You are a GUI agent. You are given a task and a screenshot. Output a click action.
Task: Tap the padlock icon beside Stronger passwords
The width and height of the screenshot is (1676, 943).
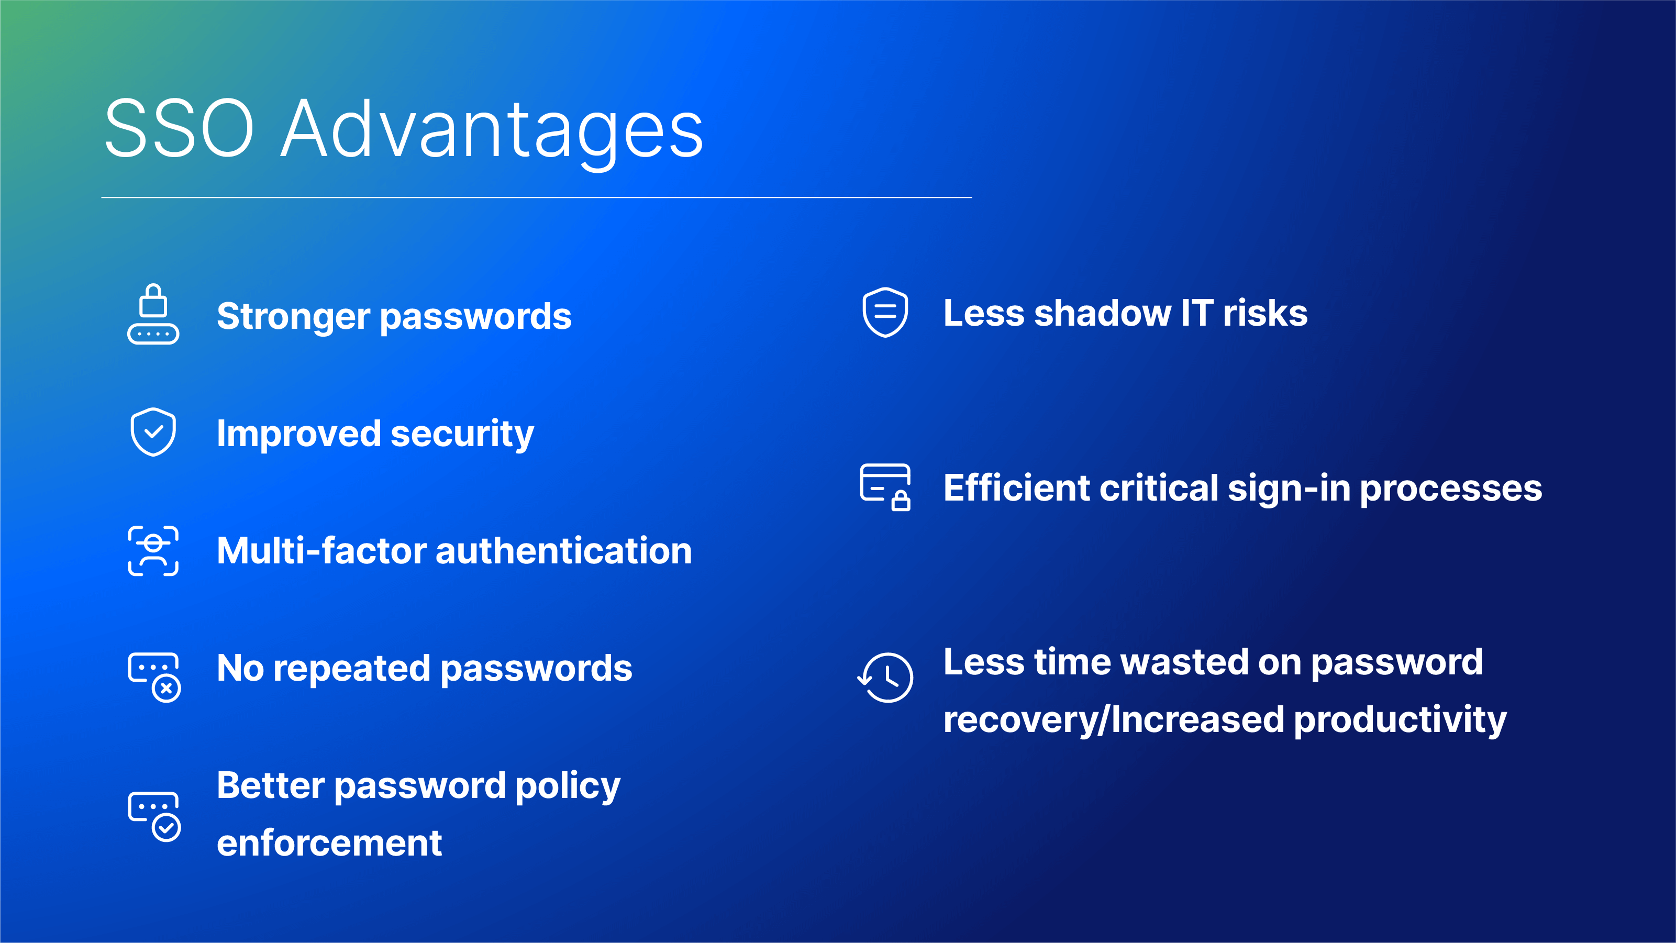click(x=153, y=314)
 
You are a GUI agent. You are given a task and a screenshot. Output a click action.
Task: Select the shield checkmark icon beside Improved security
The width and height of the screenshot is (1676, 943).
click(x=153, y=432)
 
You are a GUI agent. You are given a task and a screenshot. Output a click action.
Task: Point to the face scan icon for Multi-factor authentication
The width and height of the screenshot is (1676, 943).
click(x=153, y=551)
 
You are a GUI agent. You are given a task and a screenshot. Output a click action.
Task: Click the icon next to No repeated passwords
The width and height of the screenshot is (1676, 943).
click(x=154, y=678)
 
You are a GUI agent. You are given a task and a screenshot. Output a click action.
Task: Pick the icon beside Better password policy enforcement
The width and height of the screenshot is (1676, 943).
click(x=154, y=817)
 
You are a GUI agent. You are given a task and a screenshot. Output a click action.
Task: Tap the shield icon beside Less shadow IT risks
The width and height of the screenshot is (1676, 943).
click(x=885, y=313)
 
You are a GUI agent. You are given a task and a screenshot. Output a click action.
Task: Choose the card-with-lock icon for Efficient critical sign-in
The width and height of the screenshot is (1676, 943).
click(x=885, y=487)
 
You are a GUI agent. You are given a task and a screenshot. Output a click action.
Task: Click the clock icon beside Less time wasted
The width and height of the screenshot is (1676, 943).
click(x=885, y=678)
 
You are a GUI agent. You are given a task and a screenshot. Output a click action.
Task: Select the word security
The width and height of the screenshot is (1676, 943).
click(x=462, y=435)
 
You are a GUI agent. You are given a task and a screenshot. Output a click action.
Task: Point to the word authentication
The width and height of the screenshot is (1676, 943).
click(x=563, y=551)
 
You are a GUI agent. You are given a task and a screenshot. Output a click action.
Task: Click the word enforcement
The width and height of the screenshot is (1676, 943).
click(x=329, y=844)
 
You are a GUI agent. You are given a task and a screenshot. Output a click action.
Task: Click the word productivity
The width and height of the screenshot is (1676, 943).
click(x=1400, y=720)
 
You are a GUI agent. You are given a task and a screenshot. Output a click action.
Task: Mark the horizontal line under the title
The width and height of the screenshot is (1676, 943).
click(x=537, y=197)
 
